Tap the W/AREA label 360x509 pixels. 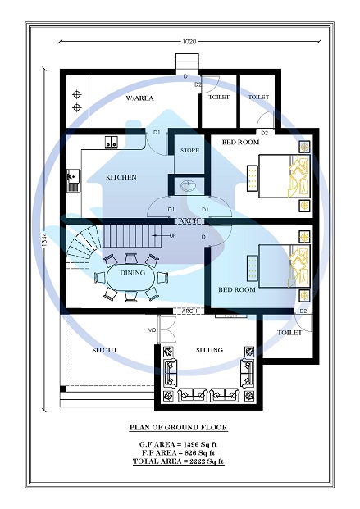pyautogui.click(x=140, y=98)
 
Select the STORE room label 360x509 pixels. pyautogui.click(x=189, y=150)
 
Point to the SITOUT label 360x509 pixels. pyautogui.click(x=104, y=350)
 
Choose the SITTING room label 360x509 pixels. pyautogui.click(x=209, y=350)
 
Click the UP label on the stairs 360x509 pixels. pyautogui.click(x=172, y=236)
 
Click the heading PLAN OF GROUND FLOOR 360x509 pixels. pyautogui.click(x=178, y=428)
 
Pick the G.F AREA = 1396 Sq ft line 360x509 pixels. pyautogui.click(x=178, y=443)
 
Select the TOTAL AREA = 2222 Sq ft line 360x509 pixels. pyautogui.click(x=178, y=461)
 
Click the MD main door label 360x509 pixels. pyautogui.click(x=151, y=330)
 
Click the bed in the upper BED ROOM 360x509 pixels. pyautogui.click(x=284, y=176)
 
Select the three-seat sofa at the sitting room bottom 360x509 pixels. pyautogui.click(x=209, y=395)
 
